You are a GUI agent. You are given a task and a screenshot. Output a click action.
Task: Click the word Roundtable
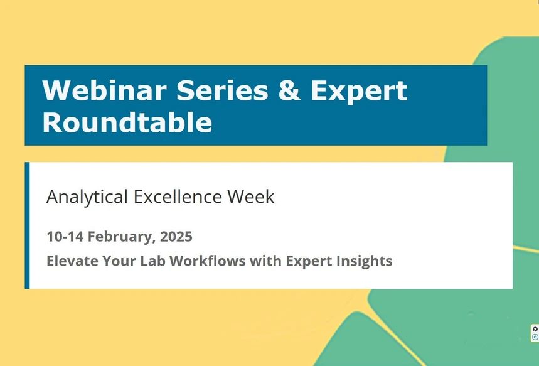click(x=127, y=122)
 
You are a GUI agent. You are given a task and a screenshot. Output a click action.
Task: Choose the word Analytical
click(x=87, y=196)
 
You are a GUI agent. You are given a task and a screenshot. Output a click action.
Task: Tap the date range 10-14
click(x=65, y=237)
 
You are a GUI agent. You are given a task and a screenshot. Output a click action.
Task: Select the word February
click(x=121, y=237)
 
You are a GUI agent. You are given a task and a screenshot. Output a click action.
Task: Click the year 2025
click(x=176, y=237)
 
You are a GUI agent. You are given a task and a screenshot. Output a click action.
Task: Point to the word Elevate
click(x=69, y=261)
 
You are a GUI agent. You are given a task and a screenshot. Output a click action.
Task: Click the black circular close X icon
click(x=535, y=329)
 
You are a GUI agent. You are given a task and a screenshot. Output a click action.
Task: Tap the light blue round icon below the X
click(x=535, y=337)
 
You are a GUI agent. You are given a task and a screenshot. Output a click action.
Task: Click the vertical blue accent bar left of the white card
click(x=27, y=225)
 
